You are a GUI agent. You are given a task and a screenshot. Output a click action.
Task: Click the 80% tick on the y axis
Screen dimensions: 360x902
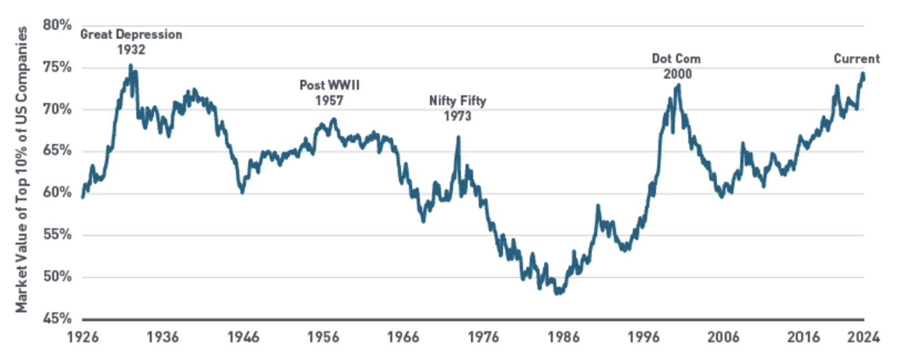(57, 25)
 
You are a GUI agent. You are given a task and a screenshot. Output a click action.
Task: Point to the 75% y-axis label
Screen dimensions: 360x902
(57, 68)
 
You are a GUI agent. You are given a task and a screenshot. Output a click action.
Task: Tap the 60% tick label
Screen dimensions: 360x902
(57, 193)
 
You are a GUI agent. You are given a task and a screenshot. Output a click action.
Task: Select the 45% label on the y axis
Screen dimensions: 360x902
(57, 318)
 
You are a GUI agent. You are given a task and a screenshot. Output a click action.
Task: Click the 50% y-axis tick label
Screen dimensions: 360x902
(57, 276)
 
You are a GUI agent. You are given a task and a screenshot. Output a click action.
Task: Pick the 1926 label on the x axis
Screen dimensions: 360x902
(83, 337)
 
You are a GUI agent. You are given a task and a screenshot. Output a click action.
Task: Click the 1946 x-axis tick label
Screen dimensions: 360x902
(243, 337)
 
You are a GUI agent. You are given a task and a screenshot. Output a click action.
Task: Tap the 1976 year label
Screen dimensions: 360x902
(483, 337)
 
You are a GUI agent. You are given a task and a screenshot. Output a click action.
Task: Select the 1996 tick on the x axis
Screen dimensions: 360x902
(643, 337)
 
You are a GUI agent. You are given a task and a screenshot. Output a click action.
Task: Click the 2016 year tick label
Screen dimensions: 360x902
(803, 337)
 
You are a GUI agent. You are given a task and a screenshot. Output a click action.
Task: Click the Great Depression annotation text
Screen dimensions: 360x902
(131, 34)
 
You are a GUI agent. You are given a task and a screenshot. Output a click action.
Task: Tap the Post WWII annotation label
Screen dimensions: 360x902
(330, 85)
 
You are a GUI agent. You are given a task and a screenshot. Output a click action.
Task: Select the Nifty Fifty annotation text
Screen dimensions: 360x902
(458, 101)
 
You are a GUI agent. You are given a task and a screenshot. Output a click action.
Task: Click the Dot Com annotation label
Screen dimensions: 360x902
(676, 59)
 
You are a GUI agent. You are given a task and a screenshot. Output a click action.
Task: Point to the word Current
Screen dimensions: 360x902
(857, 59)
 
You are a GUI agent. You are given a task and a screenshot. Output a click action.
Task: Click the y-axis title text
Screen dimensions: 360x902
(21, 169)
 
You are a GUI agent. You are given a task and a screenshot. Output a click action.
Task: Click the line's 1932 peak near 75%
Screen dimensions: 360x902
(131, 65)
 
